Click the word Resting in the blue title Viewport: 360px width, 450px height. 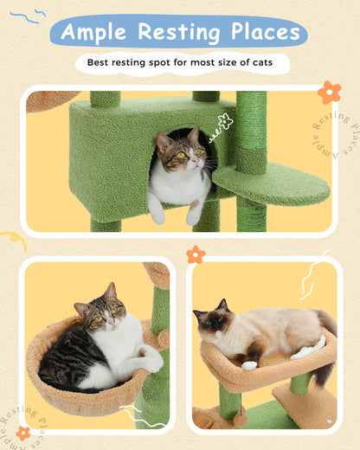(177, 33)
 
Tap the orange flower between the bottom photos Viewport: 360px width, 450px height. (196, 254)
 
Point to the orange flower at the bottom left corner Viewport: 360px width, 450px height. (23, 432)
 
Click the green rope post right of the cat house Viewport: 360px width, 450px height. (251, 130)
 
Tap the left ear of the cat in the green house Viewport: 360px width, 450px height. (162, 138)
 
